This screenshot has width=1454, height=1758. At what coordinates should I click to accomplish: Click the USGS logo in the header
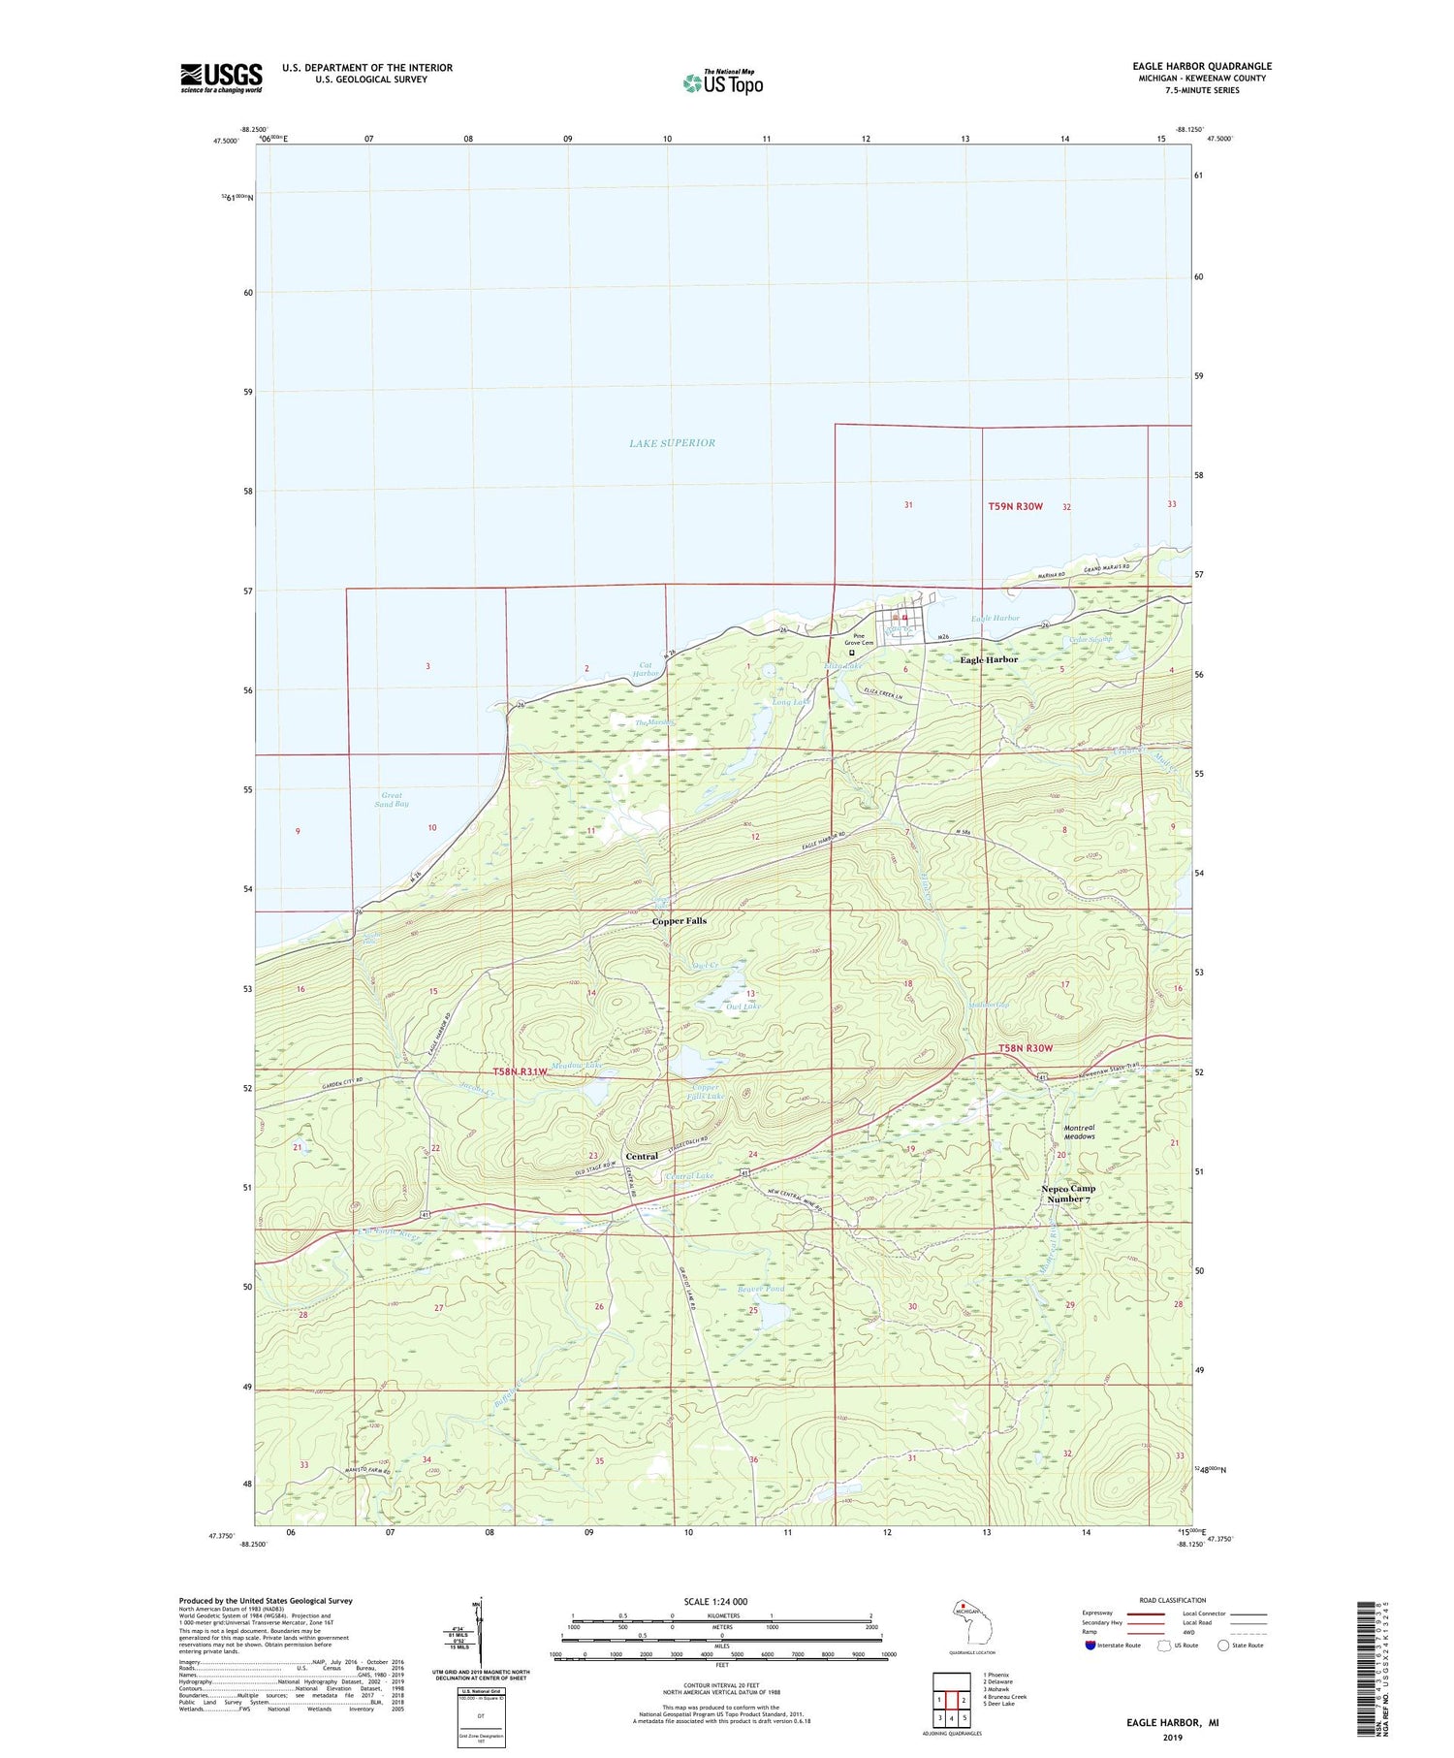coord(221,78)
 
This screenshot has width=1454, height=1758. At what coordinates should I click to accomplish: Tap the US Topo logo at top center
coord(722,82)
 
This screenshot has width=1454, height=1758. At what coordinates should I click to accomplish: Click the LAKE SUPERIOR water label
coord(672,443)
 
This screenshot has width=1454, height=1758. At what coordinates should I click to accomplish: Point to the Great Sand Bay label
coord(392,800)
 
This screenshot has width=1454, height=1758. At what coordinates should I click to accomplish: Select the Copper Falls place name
coord(679,921)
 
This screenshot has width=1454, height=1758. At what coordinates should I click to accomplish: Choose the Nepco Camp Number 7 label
coord(1068,1194)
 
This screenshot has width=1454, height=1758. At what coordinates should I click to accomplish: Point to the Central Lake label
coord(690,1176)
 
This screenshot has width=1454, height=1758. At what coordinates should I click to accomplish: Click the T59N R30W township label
coord(1015,507)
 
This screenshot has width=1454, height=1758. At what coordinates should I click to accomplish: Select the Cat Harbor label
coord(646,669)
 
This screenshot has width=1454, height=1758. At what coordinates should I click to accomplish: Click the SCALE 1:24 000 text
coord(715,1602)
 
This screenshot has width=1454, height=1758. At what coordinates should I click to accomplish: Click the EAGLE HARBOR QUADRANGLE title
coord(1202,66)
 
